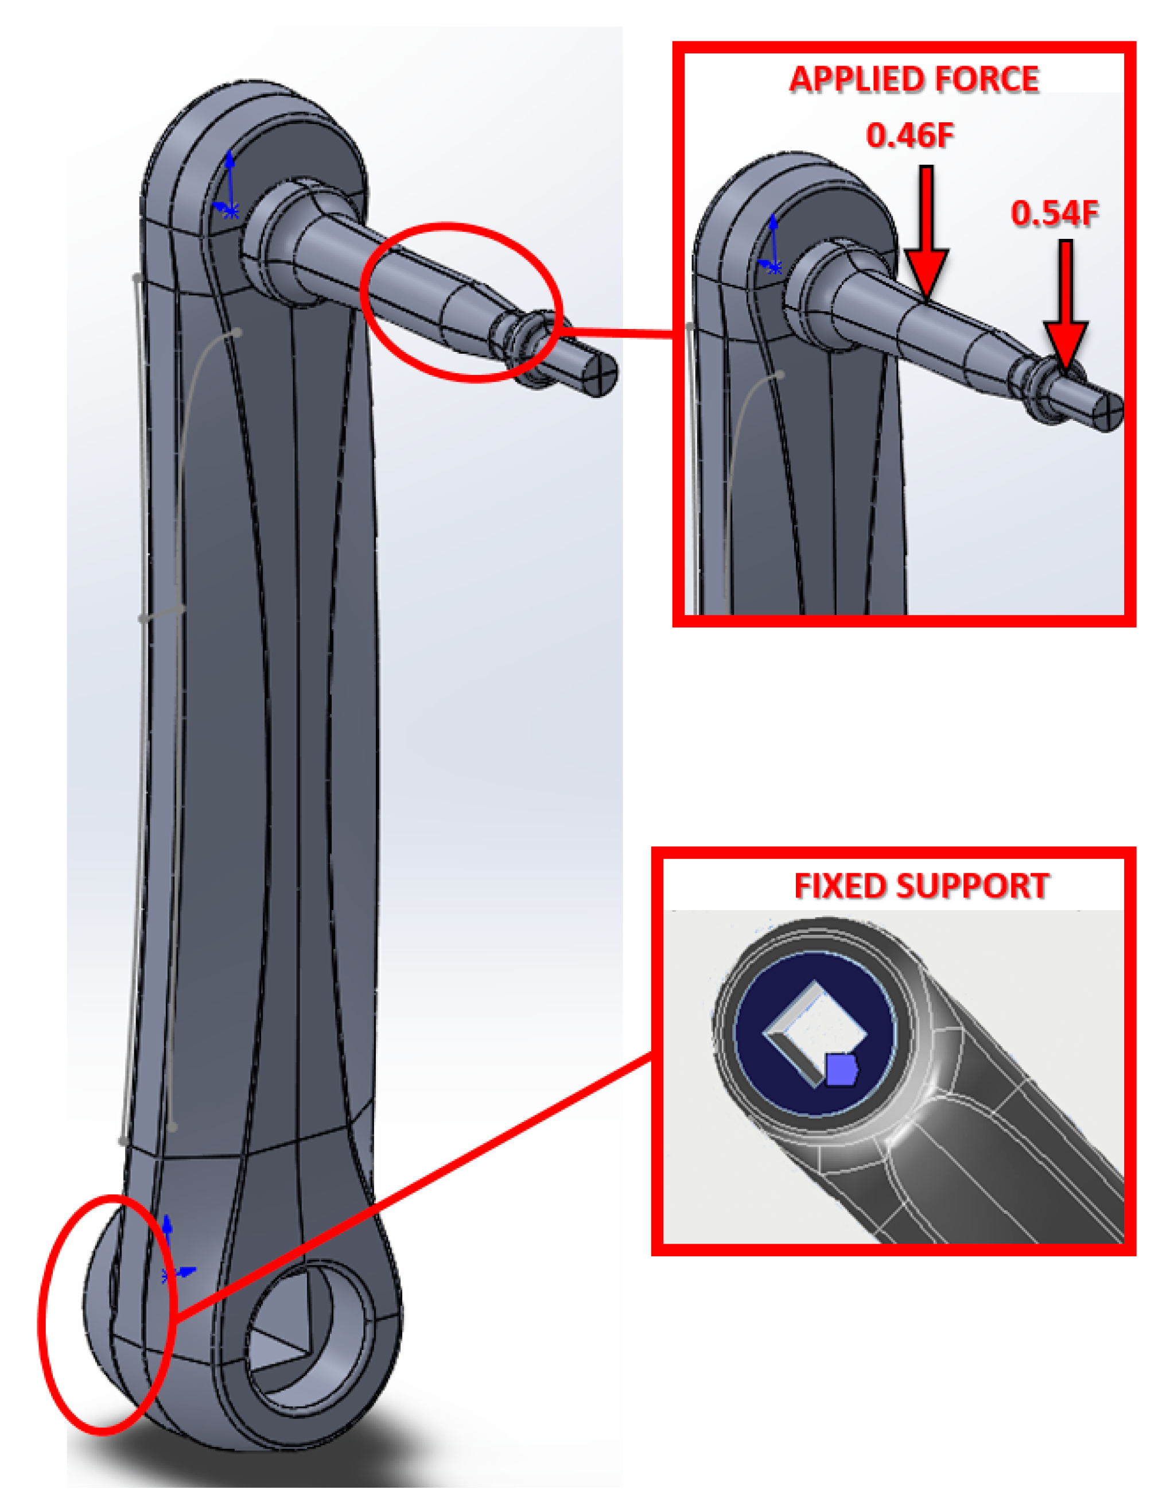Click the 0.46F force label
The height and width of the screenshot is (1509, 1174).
click(x=910, y=136)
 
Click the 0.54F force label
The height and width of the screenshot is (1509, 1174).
click(x=1055, y=214)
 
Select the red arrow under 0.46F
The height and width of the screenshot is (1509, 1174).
click(x=926, y=242)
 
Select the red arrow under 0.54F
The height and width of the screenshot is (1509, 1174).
click(x=1066, y=307)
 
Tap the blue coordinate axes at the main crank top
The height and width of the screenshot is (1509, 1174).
click(x=228, y=190)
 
